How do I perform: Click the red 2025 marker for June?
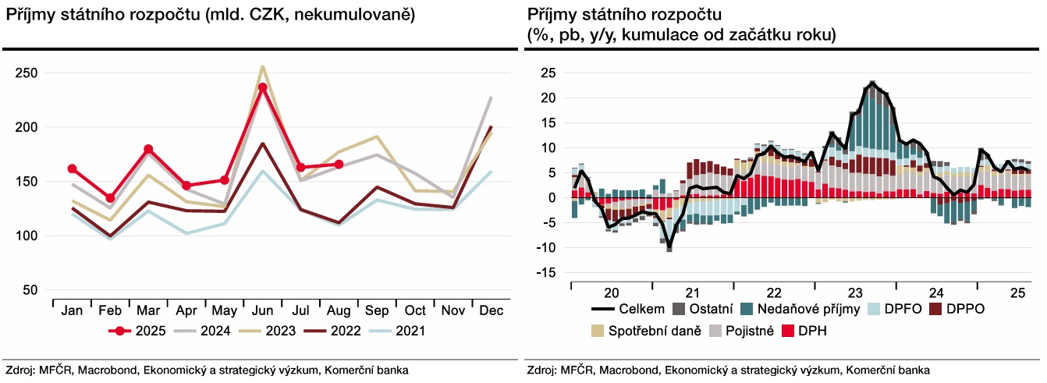(263, 87)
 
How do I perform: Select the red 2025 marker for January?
(73, 168)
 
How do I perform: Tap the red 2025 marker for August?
(339, 165)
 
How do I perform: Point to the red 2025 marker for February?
(111, 198)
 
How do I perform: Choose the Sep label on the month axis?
(377, 311)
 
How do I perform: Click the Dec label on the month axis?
(491, 311)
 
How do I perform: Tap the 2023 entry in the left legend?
(279, 331)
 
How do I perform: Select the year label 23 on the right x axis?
(855, 293)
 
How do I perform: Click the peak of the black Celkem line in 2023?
(871, 83)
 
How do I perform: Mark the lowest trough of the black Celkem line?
(669, 247)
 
